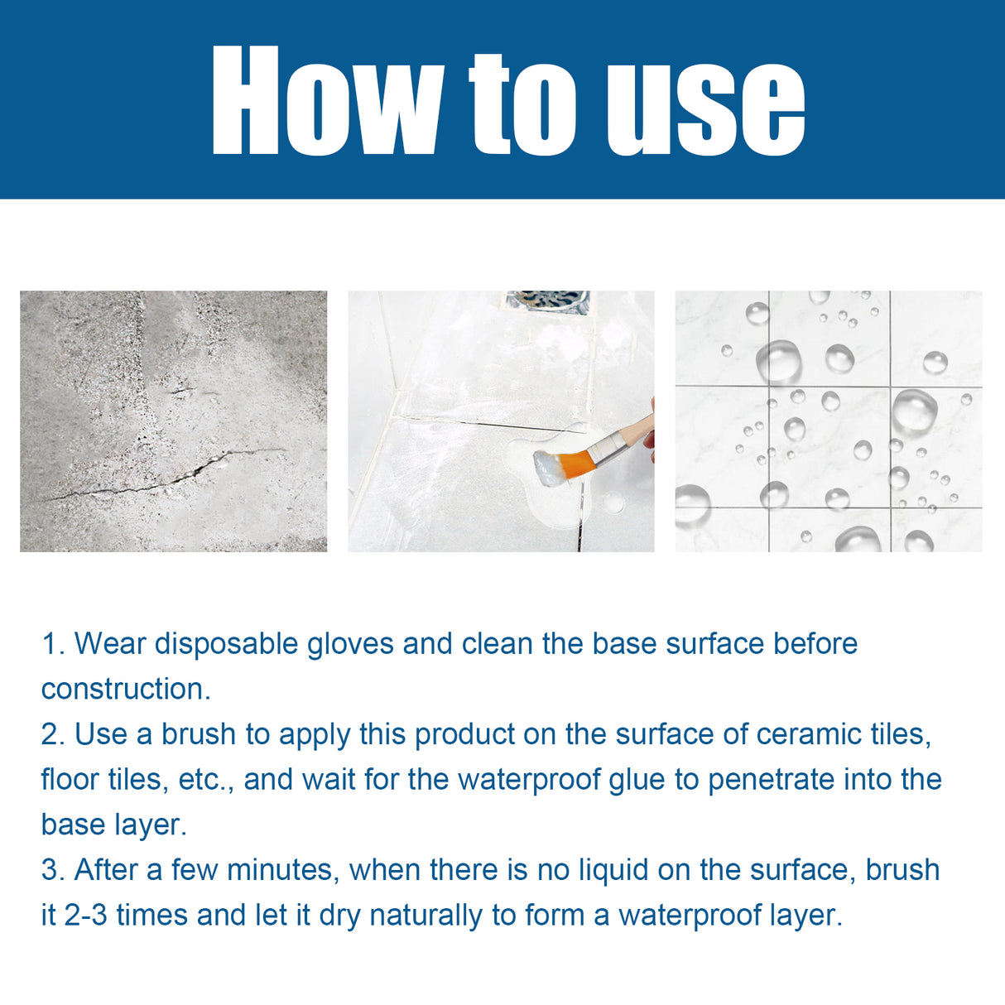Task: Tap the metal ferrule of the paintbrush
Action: [x=607, y=448]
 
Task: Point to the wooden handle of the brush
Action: [x=639, y=430]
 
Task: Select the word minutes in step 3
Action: [x=281, y=870]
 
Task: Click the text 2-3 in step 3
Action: [x=85, y=916]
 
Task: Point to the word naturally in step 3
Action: [x=426, y=916]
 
